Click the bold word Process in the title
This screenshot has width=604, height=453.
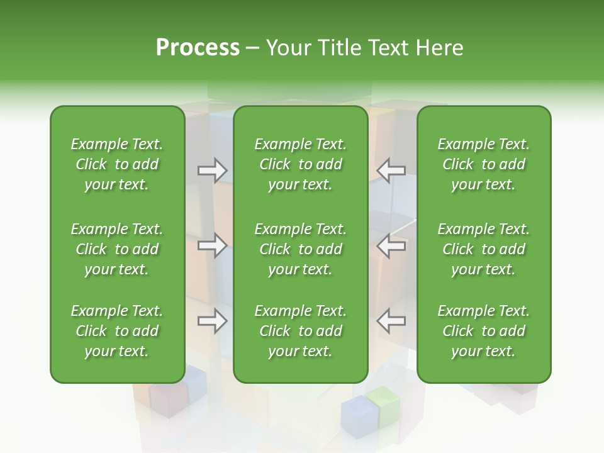tap(198, 48)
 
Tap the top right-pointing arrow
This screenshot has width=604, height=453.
tap(213, 171)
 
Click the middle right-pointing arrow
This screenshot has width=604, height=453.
tap(213, 245)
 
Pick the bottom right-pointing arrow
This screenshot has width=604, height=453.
tap(213, 321)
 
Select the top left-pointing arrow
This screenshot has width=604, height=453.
tap(391, 171)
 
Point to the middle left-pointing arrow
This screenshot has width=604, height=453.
tap(391, 245)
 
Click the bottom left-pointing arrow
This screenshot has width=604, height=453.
tap(391, 321)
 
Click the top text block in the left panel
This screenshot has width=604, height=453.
tap(117, 164)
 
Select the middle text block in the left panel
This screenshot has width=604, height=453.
tap(117, 249)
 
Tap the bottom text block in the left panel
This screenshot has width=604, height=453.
tap(117, 331)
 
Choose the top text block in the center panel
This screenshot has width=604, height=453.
tap(300, 164)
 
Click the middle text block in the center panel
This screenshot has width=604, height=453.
tap(300, 249)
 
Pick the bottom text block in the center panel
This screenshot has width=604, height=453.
tap(300, 331)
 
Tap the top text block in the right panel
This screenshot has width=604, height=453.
tap(483, 164)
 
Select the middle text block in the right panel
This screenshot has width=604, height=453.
tap(483, 249)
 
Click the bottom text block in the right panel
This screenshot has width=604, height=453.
tap(483, 331)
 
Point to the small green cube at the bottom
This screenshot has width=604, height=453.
tap(385, 408)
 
